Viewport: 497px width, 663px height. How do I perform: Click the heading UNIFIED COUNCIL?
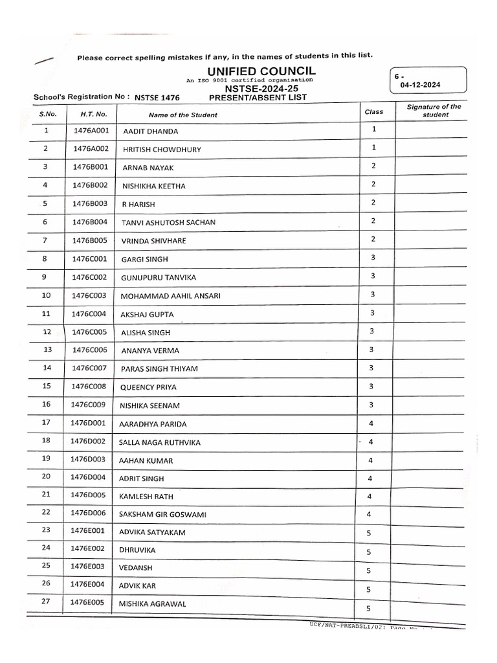coord(261,71)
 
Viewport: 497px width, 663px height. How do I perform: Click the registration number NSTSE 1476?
coord(157,98)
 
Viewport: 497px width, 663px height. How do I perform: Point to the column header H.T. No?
coord(94,114)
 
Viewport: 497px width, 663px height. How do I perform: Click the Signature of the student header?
coord(434,111)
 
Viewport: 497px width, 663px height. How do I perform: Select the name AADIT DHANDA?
coord(150,131)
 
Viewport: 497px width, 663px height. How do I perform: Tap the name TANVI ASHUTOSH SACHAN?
coord(168,223)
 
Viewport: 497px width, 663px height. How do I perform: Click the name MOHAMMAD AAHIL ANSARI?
coord(170,296)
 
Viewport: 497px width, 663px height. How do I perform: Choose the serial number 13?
coord(47,350)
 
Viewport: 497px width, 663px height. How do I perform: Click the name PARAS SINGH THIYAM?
coord(159,369)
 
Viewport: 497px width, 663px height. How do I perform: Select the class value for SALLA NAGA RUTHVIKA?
coord(371,442)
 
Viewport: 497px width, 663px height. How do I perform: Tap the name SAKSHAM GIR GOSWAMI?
coord(162,513)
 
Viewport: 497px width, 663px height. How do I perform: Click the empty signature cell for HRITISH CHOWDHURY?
coord(429,149)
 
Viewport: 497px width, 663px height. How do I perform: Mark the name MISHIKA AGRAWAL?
coord(152,604)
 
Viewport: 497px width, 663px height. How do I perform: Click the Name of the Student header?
coord(183,115)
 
